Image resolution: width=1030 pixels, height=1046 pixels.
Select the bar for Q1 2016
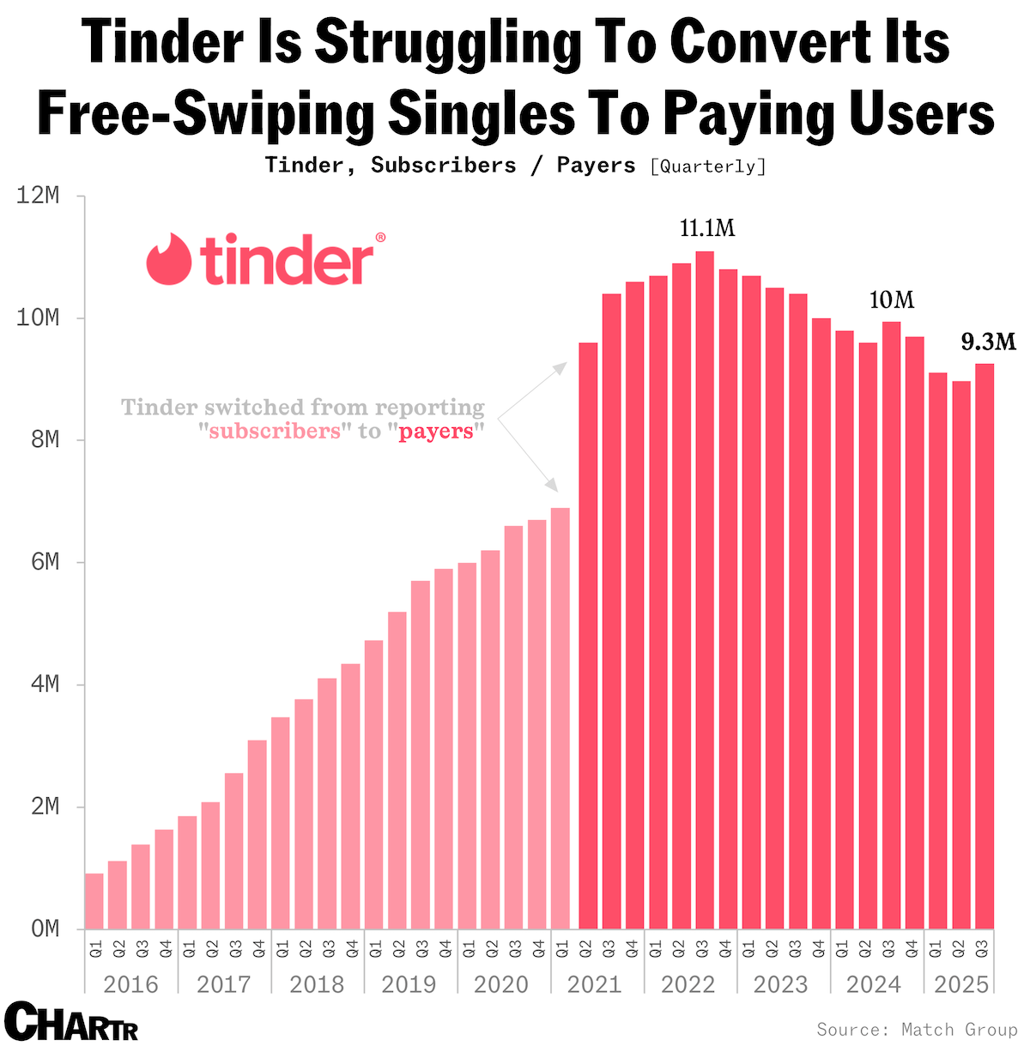(x=94, y=901)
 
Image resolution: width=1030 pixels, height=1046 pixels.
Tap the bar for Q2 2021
(x=588, y=635)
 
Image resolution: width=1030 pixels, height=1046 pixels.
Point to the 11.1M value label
(x=707, y=228)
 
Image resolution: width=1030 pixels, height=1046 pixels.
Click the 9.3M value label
(x=988, y=342)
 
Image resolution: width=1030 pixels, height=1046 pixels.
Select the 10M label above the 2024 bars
(x=892, y=300)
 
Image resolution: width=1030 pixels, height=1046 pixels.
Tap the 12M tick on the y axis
(x=39, y=197)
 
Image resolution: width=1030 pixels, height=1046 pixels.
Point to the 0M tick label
(x=43, y=929)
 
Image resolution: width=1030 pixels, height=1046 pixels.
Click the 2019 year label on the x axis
(x=409, y=984)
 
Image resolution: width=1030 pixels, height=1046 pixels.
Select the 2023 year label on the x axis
(x=781, y=984)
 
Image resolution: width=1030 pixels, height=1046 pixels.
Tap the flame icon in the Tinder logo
(x=168, y=258)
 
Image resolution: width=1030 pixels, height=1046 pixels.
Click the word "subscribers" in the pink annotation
(x=275, y=431)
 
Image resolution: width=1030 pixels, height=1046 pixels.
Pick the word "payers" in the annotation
(x=436, y=431)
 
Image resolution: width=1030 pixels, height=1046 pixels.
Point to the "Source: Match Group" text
(x=917, y=1029)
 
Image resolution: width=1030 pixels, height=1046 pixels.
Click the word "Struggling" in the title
(x=449, y=41)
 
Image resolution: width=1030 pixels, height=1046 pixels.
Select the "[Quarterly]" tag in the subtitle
(x=708, y=166)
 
